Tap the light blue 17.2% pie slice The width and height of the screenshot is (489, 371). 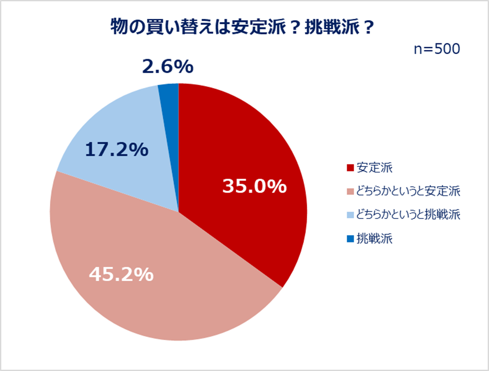(x=114, y=133)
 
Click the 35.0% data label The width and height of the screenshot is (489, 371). (x=254, y=186)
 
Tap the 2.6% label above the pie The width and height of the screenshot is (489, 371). (x=167, y=67)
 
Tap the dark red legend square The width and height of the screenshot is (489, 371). (x=351, y=168)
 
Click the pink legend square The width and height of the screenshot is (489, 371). (x=351, y=191)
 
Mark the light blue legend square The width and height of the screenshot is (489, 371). (x=351, y=215)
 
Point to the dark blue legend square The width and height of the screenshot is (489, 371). (x=351, y=239)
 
